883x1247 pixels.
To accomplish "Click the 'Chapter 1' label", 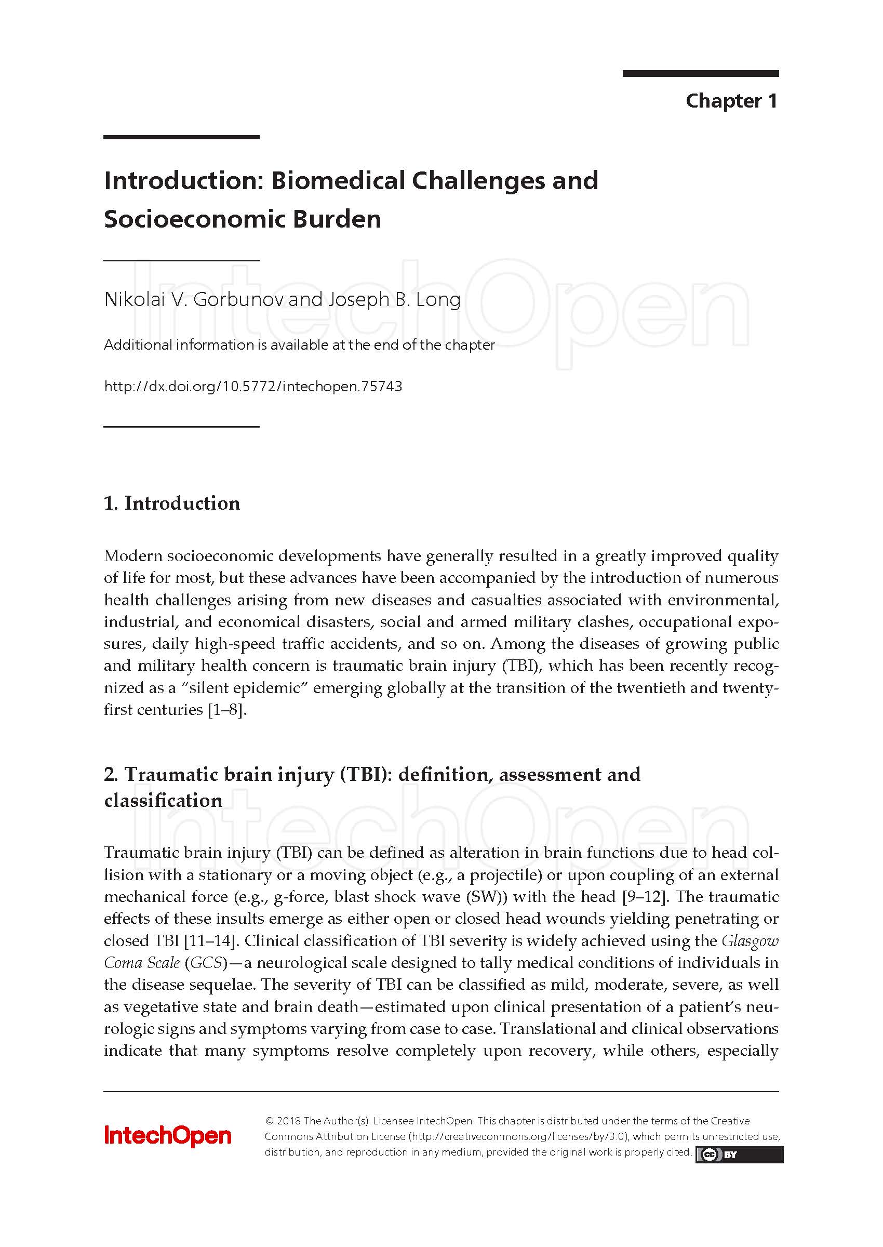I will pos(731,101).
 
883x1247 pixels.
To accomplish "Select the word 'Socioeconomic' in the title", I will pos(194,219).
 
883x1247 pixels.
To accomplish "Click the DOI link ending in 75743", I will pos(253,387).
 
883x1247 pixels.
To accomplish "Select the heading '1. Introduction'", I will pos(172,503).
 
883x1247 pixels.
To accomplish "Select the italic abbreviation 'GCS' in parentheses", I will pos(207,963).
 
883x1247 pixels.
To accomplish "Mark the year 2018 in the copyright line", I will pos(289,1121).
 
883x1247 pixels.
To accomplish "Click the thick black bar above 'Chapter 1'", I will pos(700,74).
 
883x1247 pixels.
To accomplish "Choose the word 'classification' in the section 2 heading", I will pos(163,801).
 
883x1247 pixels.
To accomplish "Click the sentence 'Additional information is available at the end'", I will pos(299,346).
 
